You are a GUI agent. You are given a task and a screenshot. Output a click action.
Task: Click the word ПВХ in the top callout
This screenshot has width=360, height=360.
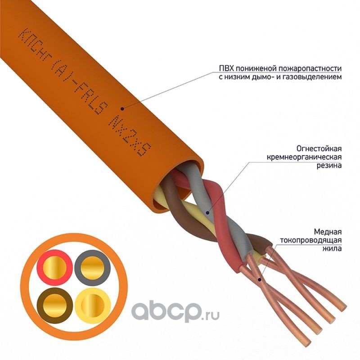point(226,69)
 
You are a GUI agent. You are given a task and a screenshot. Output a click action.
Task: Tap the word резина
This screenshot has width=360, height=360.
point(329,165)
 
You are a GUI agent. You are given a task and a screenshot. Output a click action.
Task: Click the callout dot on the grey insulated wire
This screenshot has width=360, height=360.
point(207,212)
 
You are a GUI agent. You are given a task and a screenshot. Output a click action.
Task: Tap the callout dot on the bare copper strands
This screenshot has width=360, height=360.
point(261,279)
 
